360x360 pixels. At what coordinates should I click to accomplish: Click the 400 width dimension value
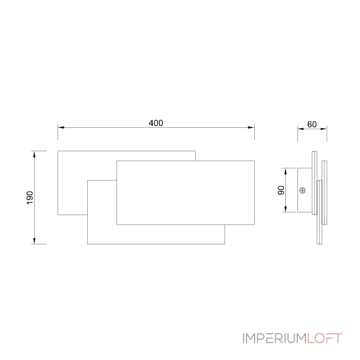pyautogui.click(x=156, y=123)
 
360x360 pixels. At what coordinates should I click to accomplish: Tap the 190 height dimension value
pyautogui.click(x=30, y=198)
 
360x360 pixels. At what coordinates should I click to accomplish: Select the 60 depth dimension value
pyautogui.click(x=312, y=125)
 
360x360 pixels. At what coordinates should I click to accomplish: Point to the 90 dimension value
pyautogui.click(x=281, y=190)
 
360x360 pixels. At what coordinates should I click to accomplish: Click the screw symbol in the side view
pyautogui.click(x=302, y=190)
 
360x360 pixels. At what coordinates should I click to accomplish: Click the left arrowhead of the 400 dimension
pyautogui.click(x=61, y=127)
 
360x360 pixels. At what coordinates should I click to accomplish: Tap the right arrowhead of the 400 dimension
pyautogui.click(x=251, y=127)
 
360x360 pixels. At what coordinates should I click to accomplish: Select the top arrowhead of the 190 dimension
pyautogui.click(x=35, y=154)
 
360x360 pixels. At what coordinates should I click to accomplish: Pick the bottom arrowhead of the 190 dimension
pyautogui.click(x=35, y=241)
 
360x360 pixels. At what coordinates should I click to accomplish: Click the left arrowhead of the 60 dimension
pyautogui.click(x=301, y=129)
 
